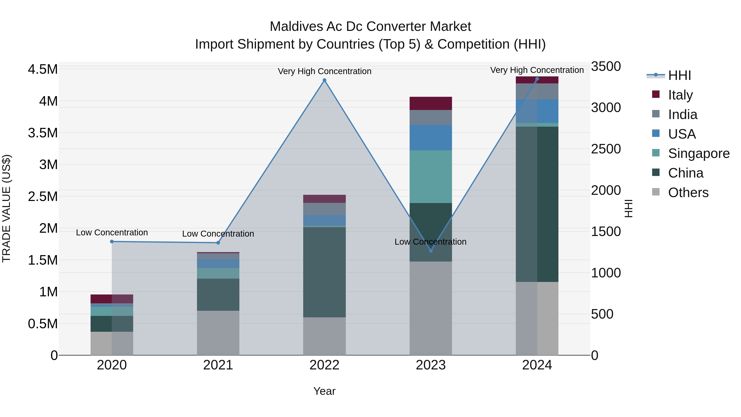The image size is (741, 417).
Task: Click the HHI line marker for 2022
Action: (324, 80)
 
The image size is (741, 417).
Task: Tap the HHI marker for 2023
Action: (431, 251)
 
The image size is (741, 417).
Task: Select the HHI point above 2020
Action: (112, 242)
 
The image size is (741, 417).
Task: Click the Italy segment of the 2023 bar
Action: (431, 103)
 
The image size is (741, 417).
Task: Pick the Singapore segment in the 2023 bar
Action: (431, 176)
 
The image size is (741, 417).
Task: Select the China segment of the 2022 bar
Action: (324, 272)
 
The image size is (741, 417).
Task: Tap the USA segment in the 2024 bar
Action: (537, 111)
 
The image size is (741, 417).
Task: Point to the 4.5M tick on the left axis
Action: (43, 69)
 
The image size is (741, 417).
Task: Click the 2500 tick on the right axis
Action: (606, 149)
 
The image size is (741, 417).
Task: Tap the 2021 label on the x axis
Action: (218, 365)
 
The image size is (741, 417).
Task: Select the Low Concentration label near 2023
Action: (430, 242)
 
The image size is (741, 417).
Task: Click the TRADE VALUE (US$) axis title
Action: (6, 208)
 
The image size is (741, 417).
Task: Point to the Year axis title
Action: (324, 391)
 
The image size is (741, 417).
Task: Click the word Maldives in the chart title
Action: (296, 27)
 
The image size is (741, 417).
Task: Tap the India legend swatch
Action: (656, 114)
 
